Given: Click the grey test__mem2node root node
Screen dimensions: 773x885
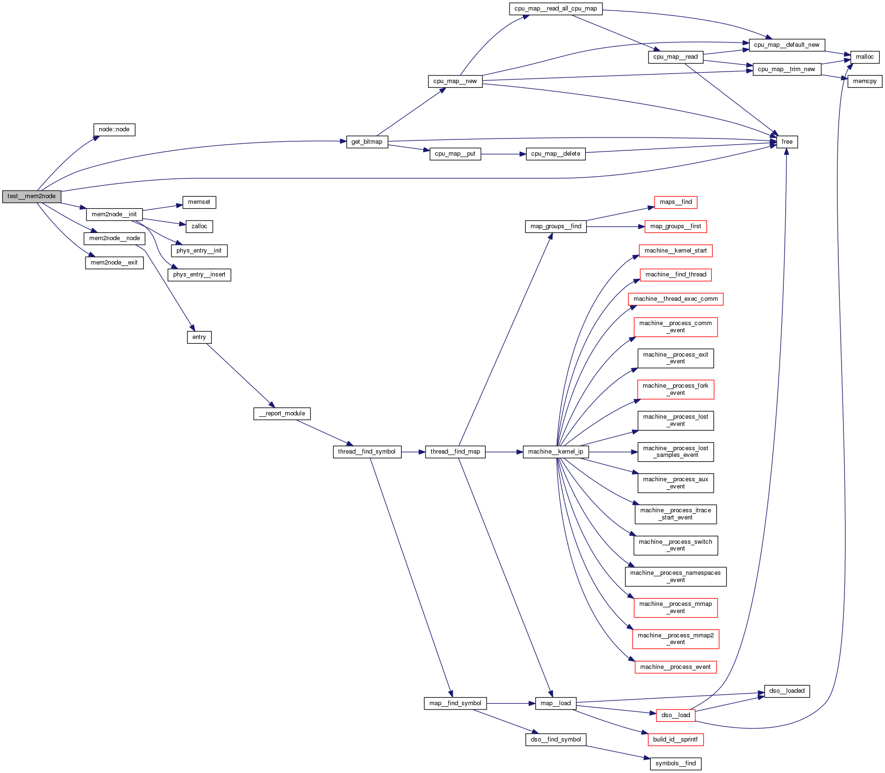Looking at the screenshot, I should pos(31,196).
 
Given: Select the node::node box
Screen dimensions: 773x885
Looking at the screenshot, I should pos(114,129).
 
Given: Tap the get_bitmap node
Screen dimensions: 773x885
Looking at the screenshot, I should pos(367,142).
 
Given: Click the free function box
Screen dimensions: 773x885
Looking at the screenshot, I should pos(787,142).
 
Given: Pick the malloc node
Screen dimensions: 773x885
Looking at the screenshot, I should pos(864,57).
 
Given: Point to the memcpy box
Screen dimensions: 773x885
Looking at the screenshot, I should pos(864,81).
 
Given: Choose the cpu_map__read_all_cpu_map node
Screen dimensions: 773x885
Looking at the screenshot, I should pos(555,9).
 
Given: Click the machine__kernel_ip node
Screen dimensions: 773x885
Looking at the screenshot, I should pos(555,452).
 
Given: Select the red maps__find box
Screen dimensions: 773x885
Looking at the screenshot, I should pos(676,202).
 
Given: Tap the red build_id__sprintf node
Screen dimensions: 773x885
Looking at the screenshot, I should pos(675,740).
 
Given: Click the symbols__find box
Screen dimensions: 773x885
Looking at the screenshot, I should pos(676,763).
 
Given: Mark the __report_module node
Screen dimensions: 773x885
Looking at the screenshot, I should pos(282,413).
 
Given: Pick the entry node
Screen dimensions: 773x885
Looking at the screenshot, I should pos(199,337).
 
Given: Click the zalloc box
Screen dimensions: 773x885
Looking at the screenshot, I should pos(199,226).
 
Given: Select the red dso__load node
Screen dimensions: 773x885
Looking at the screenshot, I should pos(676,715).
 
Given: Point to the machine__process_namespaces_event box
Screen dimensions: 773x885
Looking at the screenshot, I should pos(676,576).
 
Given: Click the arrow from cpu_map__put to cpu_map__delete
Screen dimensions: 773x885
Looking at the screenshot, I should pos(503,154).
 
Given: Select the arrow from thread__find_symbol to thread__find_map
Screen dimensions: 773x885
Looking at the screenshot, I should pos(413,452).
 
